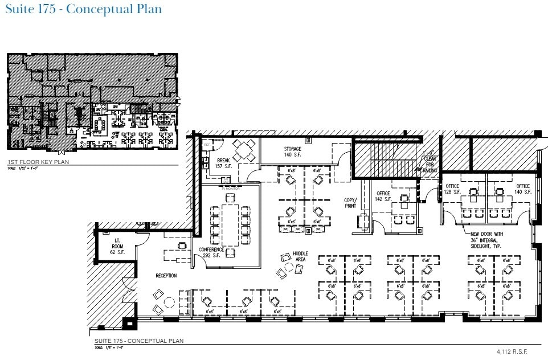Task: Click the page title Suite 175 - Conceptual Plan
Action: pyautogui.click(x=83, y=10)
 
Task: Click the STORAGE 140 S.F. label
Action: pyautogui.click(x=293, y=152)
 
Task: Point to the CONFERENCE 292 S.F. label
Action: pyautogui.click(x=211, y=252)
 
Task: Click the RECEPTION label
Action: pyautogui.click(x=166, y=276)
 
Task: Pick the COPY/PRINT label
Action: pyautogui.click(x=350, y=203)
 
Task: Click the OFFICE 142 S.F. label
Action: pyautogui.click(x=383, y=197)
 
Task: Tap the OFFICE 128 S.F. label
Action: pyautogui.click(x=452, y=189)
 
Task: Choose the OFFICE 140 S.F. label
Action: pyautogui.click(x=523, y=189)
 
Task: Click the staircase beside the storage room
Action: pyautogui.click(x=387, y=160)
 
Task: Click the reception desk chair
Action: pyautogui.click(x=182, y=246)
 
